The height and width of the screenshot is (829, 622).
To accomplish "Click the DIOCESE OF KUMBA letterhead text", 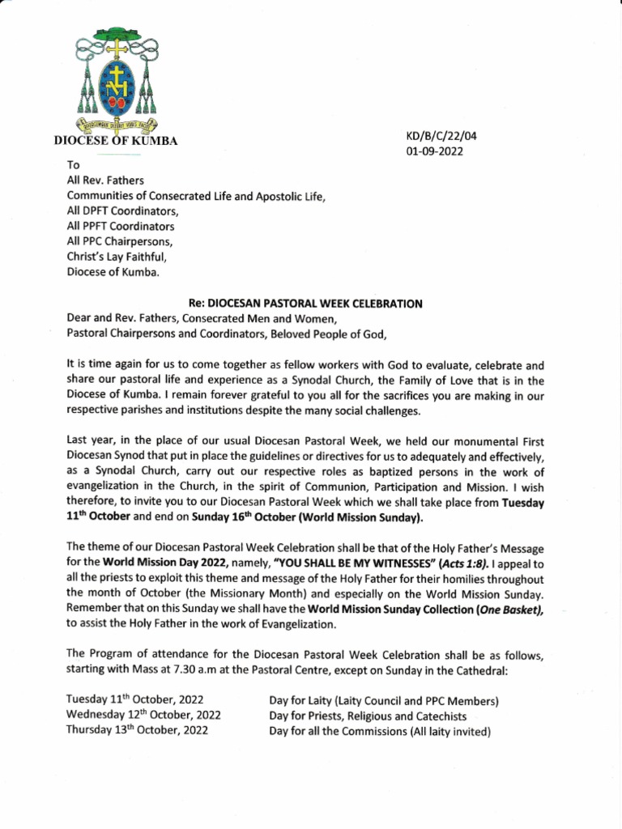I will coord(115,141).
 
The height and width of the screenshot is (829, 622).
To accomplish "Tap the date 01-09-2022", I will coord(434,152).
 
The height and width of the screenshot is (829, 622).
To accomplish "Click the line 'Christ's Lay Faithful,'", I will coord(118,257).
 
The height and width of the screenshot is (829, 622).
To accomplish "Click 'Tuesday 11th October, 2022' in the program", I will coord(134,700).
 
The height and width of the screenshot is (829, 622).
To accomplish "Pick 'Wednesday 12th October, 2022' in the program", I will coord(143,715).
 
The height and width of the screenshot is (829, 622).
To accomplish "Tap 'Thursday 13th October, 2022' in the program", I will coord(137,729).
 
